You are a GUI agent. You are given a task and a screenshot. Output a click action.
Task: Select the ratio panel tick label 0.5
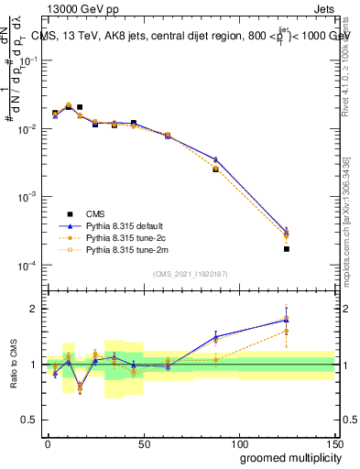[x=29, y=420]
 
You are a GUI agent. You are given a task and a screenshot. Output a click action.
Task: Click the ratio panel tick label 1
[x=33, y=365]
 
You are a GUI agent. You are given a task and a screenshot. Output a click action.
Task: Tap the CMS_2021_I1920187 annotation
[x=191, y=274]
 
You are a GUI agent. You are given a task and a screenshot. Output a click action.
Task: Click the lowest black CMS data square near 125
[x=287, y=249]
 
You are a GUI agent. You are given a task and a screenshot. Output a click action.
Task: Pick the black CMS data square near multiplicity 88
[x=215, y=169]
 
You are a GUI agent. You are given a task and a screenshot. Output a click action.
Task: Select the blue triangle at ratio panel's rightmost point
[x=287, y=320]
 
